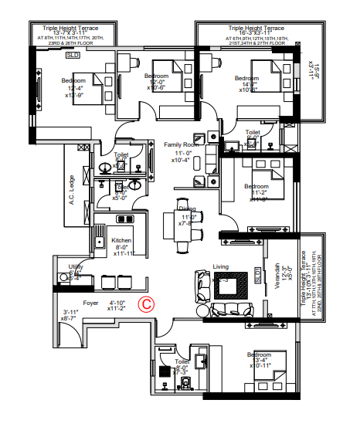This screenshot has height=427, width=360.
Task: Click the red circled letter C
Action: (144, 304)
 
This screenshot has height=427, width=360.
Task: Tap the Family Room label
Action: (182, 144)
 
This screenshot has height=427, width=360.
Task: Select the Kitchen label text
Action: (122, 240)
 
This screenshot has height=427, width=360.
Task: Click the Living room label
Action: (221, 267)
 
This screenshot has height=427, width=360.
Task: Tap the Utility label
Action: (76, 266)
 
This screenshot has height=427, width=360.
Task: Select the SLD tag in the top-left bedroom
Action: (73, 56)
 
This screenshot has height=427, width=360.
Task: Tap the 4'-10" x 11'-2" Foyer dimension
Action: (117, 307)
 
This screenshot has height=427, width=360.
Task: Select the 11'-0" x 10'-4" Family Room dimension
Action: (182, 157)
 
